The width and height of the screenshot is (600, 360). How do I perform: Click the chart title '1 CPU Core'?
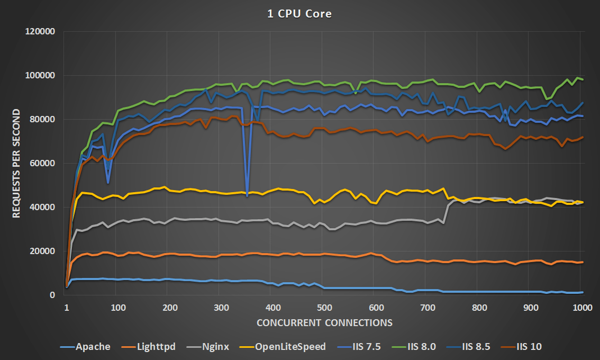click(299, 14)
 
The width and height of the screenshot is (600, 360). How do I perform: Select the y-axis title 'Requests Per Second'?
click(17, 163)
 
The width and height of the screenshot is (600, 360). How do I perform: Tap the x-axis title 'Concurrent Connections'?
click(324, 322)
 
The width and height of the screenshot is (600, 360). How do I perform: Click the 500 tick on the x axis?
click(324, 307)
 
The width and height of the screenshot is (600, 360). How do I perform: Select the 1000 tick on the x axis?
click(582, 307)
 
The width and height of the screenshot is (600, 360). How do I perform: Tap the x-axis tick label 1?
click(67, 307)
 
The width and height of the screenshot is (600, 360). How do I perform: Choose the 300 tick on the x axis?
click(221, 307)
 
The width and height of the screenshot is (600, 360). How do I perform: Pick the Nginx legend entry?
click(207, 347)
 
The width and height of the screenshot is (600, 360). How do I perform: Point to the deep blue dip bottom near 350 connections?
click(247, 196)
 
